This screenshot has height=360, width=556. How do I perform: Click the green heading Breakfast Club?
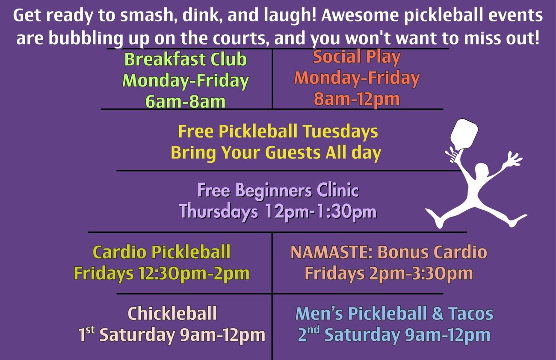[x=186, y=60]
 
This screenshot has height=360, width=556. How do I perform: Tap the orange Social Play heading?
[x=357, y=57]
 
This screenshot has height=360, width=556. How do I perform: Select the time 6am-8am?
[x=186, y=101]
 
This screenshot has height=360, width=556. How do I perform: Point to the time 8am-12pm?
[x=357, y=99]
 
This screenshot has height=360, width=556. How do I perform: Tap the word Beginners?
[x=274, y=191]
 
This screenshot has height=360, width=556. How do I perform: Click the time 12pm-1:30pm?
[x=321, y=212]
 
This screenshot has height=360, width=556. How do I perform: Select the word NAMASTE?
[x=331, y=252]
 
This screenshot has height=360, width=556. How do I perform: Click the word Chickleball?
[x=172, y=313]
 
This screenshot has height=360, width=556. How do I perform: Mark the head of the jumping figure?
[x=482, y=171]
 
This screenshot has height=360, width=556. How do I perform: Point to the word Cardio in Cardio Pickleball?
[x=120, y=252]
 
